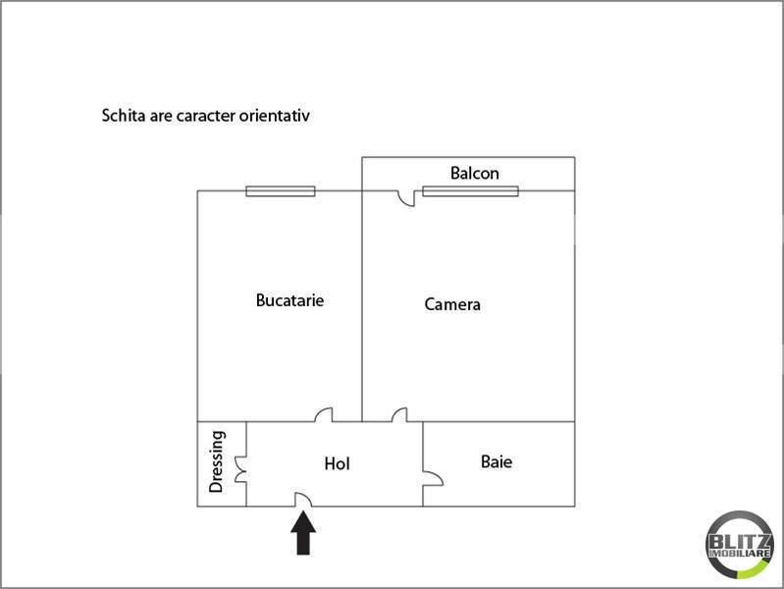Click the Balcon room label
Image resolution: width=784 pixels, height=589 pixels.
[x=475, y=173]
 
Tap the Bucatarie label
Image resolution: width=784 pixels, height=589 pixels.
[x=289, y=300]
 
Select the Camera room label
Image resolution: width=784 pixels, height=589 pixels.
[x=452, y=304]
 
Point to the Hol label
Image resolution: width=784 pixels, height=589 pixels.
[x=337, y=463]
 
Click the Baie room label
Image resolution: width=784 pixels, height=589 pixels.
[x=496, y=461]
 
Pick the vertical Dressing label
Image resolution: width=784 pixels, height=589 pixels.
[x=217, y=461]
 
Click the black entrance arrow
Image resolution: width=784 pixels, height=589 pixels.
[x=303, y=532]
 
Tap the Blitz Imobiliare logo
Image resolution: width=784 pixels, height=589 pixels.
[x=740, y=545]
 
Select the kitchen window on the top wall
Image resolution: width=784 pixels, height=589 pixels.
[x=281, y=191]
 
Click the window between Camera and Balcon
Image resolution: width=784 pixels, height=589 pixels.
[x=471, y=191]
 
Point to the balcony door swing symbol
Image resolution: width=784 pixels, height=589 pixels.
[x=407, y=199]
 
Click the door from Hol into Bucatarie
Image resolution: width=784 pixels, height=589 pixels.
[x=325, y=415]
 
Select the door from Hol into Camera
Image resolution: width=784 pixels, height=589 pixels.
[x=400, y=415]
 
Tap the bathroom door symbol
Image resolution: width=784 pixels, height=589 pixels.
[x=434, y=478]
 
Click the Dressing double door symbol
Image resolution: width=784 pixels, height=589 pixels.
[x=241, y=469]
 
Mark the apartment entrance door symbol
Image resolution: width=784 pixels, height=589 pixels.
[x=303, y=500]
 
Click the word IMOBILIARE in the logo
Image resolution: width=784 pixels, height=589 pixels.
[x=740, y=554]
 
